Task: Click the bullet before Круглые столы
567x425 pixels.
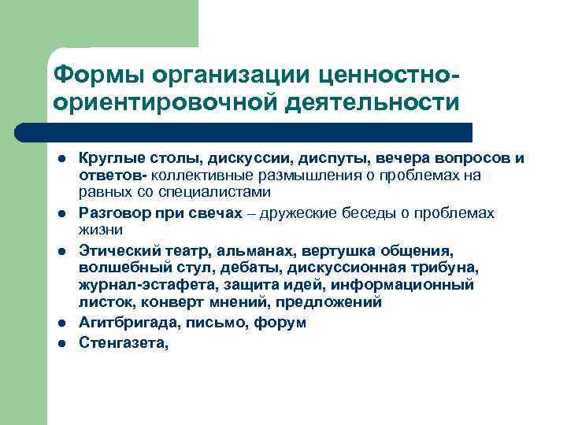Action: pos(61,159)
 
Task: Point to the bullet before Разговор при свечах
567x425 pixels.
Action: pos(61,213)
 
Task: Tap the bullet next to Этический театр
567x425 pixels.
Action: pos(61,251)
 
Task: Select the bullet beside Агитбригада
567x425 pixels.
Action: pos(61,323)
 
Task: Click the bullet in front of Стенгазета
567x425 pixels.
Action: pos(61,342)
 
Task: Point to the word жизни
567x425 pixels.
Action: pos(100,230)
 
